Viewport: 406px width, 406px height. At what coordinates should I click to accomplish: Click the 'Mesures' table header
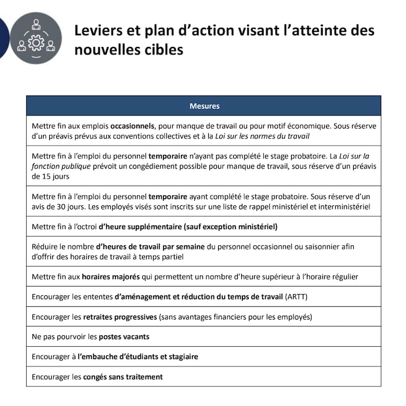(204, 106)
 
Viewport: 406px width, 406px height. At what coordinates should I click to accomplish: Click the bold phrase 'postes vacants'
(124, 336)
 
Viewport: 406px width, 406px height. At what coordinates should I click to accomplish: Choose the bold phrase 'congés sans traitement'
(122, 376)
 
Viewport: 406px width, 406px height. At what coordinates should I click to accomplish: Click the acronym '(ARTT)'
(297, 296)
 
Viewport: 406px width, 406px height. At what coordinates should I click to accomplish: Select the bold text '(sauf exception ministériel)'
(231, 226)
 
